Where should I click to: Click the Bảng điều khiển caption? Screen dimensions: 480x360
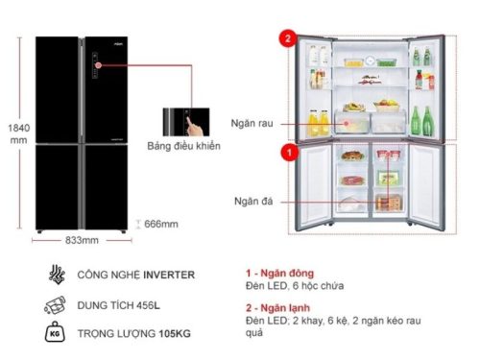point(191,146)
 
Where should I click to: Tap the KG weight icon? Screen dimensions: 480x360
point(52,332)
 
